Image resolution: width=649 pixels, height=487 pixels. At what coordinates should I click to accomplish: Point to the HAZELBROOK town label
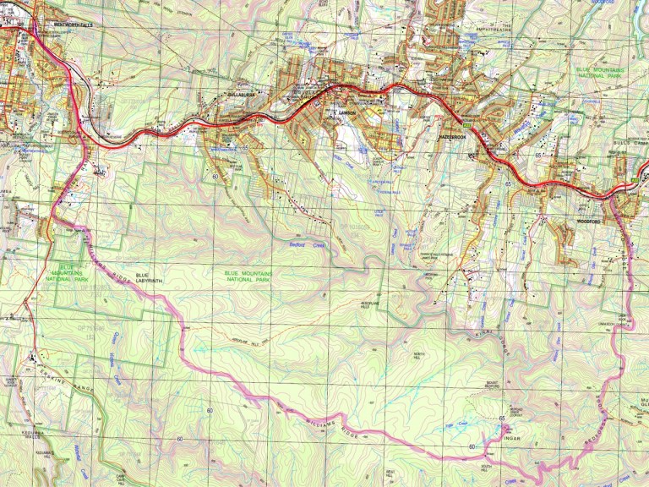pyautogui.click(x=453, y=136)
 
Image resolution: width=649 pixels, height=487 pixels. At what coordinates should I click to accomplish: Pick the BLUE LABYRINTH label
pyautogui.click(x=147, y=276)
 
